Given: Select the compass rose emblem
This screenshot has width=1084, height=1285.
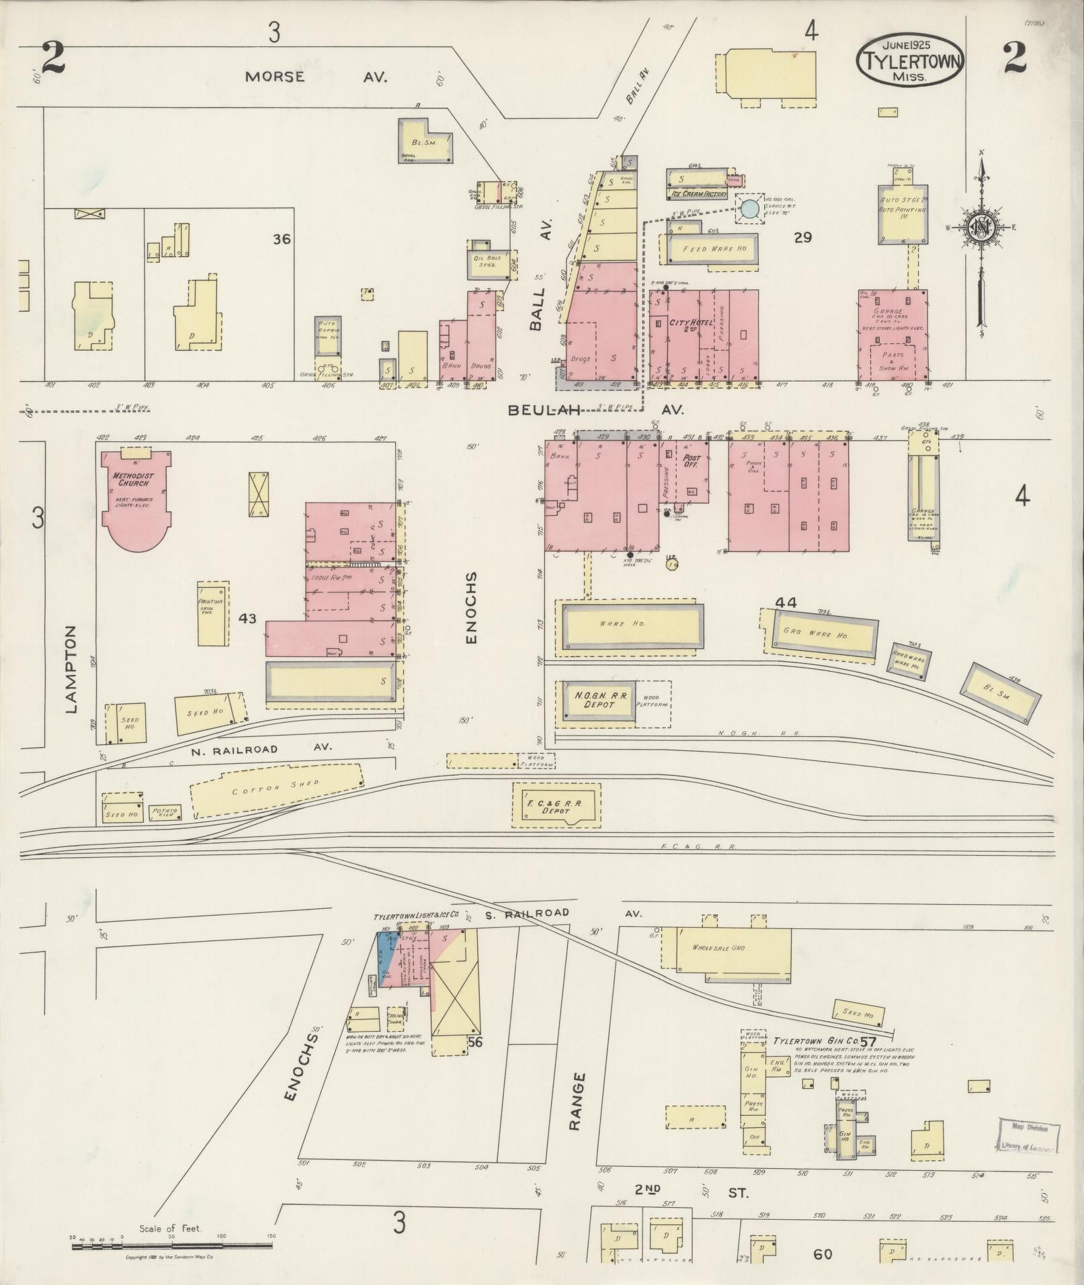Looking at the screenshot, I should click(x=981, y=227).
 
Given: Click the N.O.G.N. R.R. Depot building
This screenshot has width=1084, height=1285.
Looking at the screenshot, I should click(x=595, y=703).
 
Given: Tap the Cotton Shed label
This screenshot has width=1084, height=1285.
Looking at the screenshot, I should click(x=276, y=788).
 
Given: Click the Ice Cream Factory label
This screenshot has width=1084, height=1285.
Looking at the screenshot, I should click(x=698, y=194).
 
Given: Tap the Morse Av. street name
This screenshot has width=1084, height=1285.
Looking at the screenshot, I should click(x=315, y=77).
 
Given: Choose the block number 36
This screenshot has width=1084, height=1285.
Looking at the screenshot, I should click(x=282, y=238).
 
